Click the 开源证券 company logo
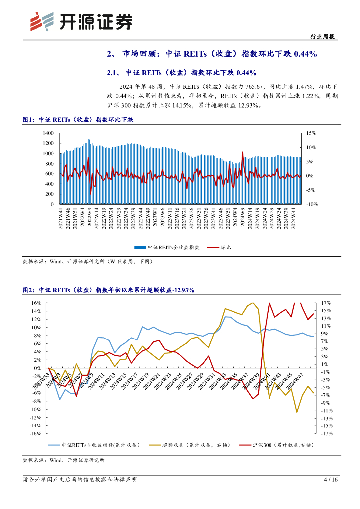pyautogui.click(x=81, y=21)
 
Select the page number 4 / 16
pyautogui.click(x=331, y=480)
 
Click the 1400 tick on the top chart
pyautogui.click(x=48, y=133)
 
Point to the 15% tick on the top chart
pyautogui.click(x=311, y=133)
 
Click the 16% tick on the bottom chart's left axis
pyautogui.click(x=35, y=303)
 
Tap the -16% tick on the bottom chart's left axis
pyautogui.click(x=34, y=433)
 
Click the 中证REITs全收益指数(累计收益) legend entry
pyautogui.click(x=100, y=446)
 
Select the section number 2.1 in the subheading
pyautogui.click(x=112, y=73)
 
